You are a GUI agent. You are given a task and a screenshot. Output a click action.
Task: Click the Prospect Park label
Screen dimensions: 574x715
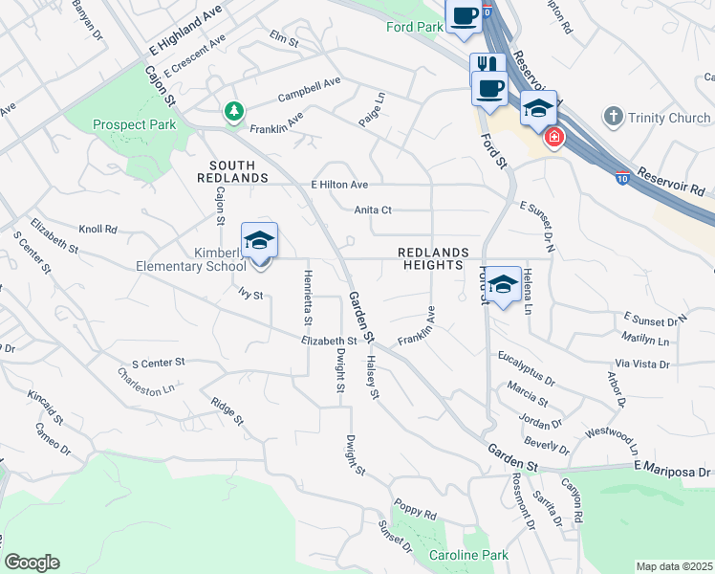pyautogui.click(x=134, y=124)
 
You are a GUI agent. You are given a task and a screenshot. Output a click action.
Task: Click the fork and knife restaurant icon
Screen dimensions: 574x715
pyautogui.click(x=487, y=64)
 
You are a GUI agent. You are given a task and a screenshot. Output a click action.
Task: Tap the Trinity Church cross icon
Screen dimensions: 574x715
pyautogui.click(x=613, y=117)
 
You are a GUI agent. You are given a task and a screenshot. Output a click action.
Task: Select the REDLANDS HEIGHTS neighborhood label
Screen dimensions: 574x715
pyautogui.click(x=435, y=258)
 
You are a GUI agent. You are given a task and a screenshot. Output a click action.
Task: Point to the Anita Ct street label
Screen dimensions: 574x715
pyautogui.click(x=374, y=210)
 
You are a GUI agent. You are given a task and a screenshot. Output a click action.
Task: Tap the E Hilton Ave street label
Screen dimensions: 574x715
pyautogui.click(x=339, y=185)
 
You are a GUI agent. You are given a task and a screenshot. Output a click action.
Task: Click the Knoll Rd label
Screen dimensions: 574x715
pyautogui.click(x=97, y=230)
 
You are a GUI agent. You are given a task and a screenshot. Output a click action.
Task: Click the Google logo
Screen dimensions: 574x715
pyautogui.click(x=32, y=563)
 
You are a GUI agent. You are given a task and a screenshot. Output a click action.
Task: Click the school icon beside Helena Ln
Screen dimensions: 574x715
pyautogui.click(x=503, y=285)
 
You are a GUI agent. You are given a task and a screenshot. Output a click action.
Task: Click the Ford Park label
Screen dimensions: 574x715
pyautogui.click(x=415, y=27)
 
